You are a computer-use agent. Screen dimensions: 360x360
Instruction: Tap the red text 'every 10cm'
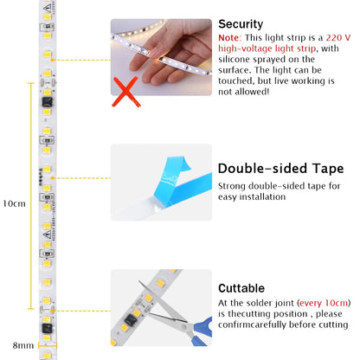(x=323, y=302)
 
